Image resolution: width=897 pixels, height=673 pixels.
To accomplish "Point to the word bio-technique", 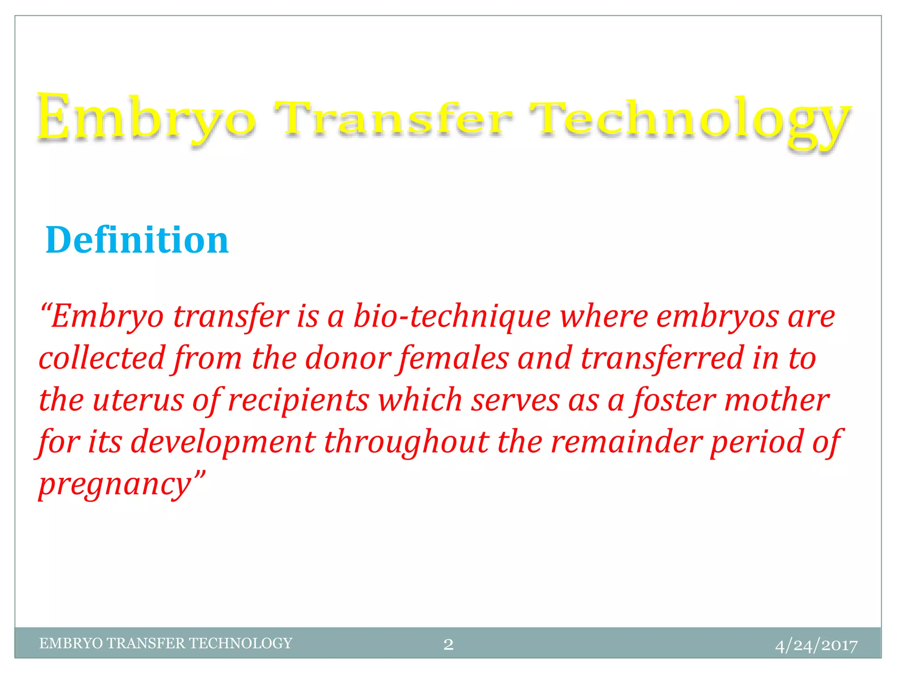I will [452, 317].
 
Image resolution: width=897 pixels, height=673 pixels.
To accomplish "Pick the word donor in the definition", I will [348, 358].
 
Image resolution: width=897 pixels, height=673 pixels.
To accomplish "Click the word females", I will [453, 358].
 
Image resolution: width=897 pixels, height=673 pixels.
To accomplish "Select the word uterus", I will [138, 400].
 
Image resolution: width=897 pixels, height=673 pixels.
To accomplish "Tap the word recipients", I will [298, 400].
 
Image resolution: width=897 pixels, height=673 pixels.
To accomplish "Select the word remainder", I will [626, 442].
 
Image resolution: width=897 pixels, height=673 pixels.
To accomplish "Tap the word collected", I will [102, 358].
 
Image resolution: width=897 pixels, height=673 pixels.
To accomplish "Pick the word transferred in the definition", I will [662, 358].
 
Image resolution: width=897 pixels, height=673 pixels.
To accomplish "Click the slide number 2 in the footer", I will [448, 644].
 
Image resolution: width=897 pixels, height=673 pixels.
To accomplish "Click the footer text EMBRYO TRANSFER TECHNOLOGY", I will [166, 643].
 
